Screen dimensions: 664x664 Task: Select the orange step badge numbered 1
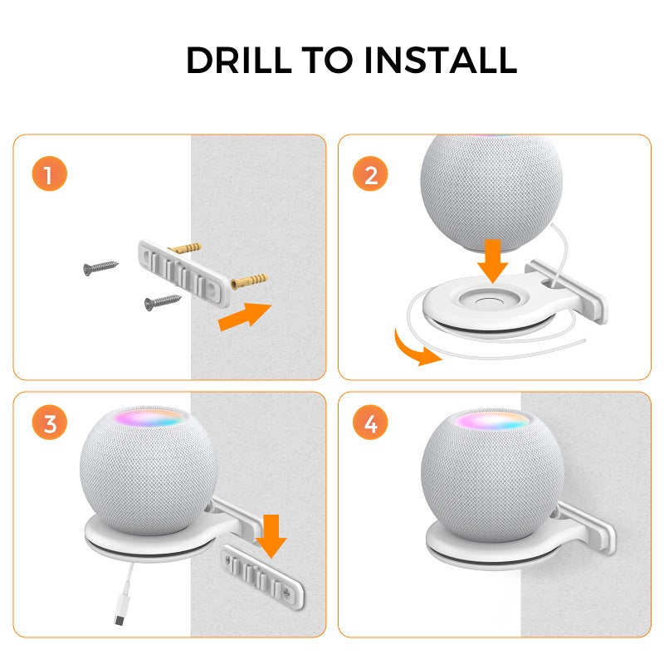coord(49,175)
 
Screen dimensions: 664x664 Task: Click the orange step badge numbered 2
coord(370,175)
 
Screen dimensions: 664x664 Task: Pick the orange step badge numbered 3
coord(49,425)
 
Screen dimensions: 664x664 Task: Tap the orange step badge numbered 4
coord(370,425)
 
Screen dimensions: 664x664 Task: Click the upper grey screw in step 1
coord(100,266)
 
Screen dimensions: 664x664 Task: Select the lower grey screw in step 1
coord(163,300)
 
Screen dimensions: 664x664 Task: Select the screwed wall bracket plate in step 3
coord(258,573)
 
